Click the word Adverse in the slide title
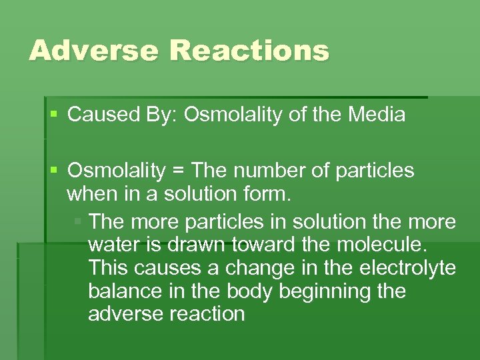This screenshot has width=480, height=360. tap(93, 51)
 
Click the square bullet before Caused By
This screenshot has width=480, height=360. tap(54, 115)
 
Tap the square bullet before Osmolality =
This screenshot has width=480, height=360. tap(54, 171)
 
